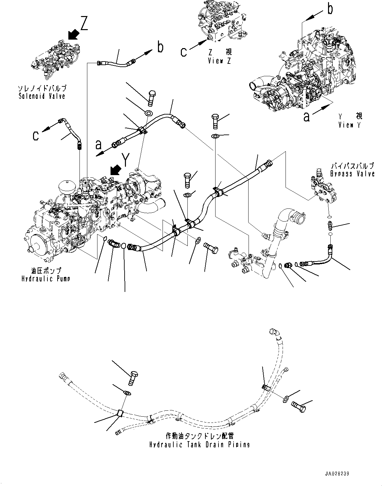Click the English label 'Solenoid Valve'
[42, 96]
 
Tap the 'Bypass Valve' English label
[352, 174]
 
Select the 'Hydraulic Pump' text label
[45, 279]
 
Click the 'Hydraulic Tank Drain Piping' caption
[200, 444]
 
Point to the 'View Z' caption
[219, 61]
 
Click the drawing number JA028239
[339, 474]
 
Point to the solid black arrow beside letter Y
[115, 170]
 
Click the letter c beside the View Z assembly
[184, 52]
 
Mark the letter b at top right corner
[330, 10]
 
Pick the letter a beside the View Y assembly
[306, 117]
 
